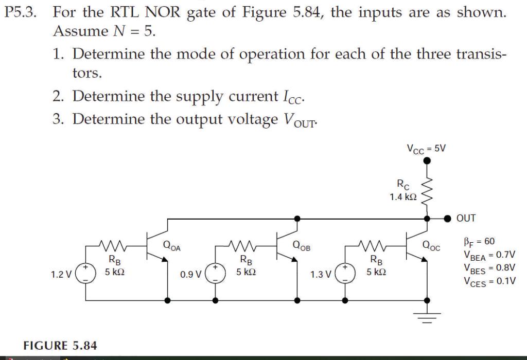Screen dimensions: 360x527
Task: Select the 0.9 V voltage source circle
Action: coord(215,274)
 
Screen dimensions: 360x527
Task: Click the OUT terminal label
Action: coord(466,218)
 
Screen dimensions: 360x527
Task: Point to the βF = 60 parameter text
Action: coord(479,241)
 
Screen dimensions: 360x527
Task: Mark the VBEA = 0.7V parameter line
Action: coord(489,255)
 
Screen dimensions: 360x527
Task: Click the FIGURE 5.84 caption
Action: coord(60,344)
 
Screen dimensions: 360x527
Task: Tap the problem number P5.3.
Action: coord(21,13)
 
